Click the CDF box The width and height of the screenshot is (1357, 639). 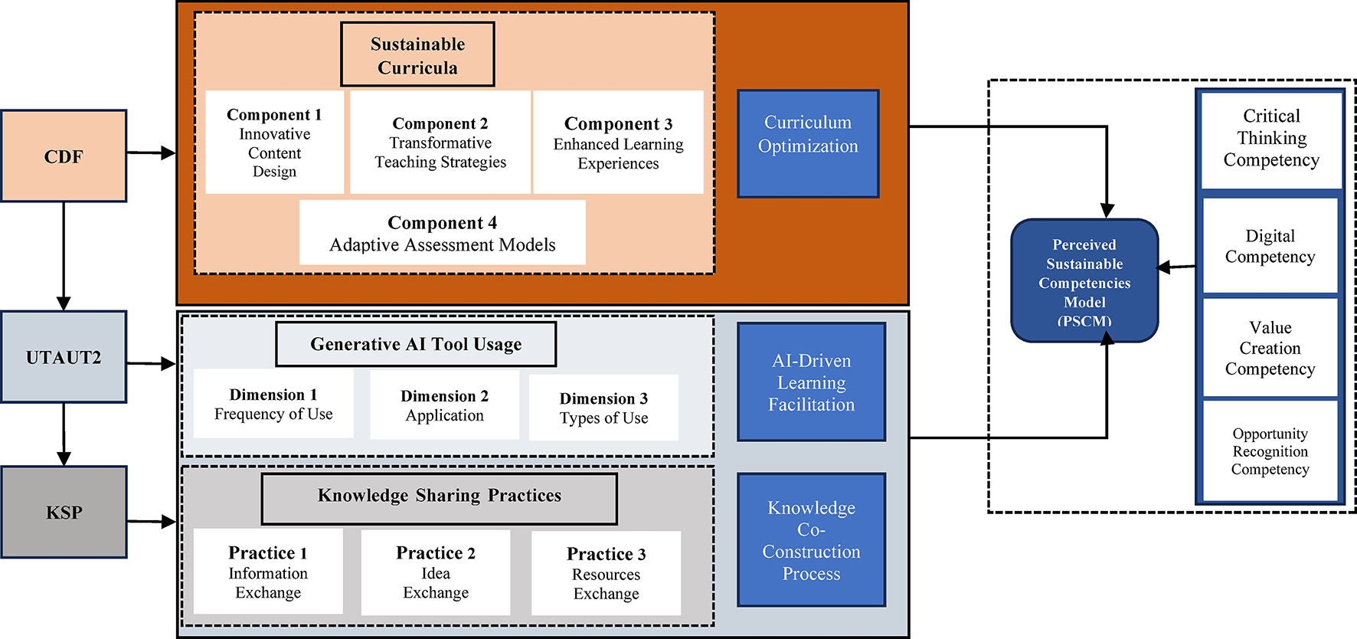point(64,156)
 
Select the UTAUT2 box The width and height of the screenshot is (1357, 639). point(64,357)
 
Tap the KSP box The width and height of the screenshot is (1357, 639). point(64,512)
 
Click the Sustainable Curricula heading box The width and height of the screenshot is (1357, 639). point(417,54)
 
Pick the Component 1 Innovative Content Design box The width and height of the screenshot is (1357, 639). point(274,143)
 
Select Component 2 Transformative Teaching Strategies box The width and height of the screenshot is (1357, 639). point(440,143)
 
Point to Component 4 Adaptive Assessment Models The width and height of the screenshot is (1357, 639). point(442,233)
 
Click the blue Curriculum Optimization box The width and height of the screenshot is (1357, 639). point(808,143)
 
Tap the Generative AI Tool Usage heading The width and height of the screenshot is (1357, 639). point(416,344)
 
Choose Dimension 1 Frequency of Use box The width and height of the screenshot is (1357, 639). point(273,404)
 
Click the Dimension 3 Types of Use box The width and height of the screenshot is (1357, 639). point(603,408)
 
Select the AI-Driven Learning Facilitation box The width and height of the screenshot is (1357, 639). point(811,382)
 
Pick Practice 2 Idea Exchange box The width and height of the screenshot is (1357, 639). point(436,572)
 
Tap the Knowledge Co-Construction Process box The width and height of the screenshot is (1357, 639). point(811,539)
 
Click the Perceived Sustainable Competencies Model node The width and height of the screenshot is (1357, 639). point(1084,280)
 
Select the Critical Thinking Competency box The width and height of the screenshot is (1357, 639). point(1271,139)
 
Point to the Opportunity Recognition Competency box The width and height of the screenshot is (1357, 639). point(1270,451)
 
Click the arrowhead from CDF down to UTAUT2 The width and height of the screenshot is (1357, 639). point(64,303)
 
